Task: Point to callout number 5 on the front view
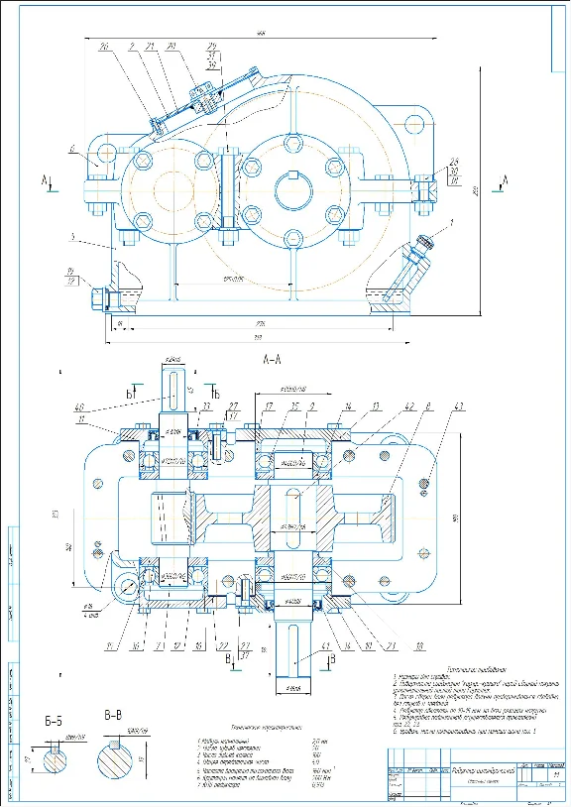pyautogui.click(x=73, y=237)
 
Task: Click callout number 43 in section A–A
pyautogui.click(x=430, y=406)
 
